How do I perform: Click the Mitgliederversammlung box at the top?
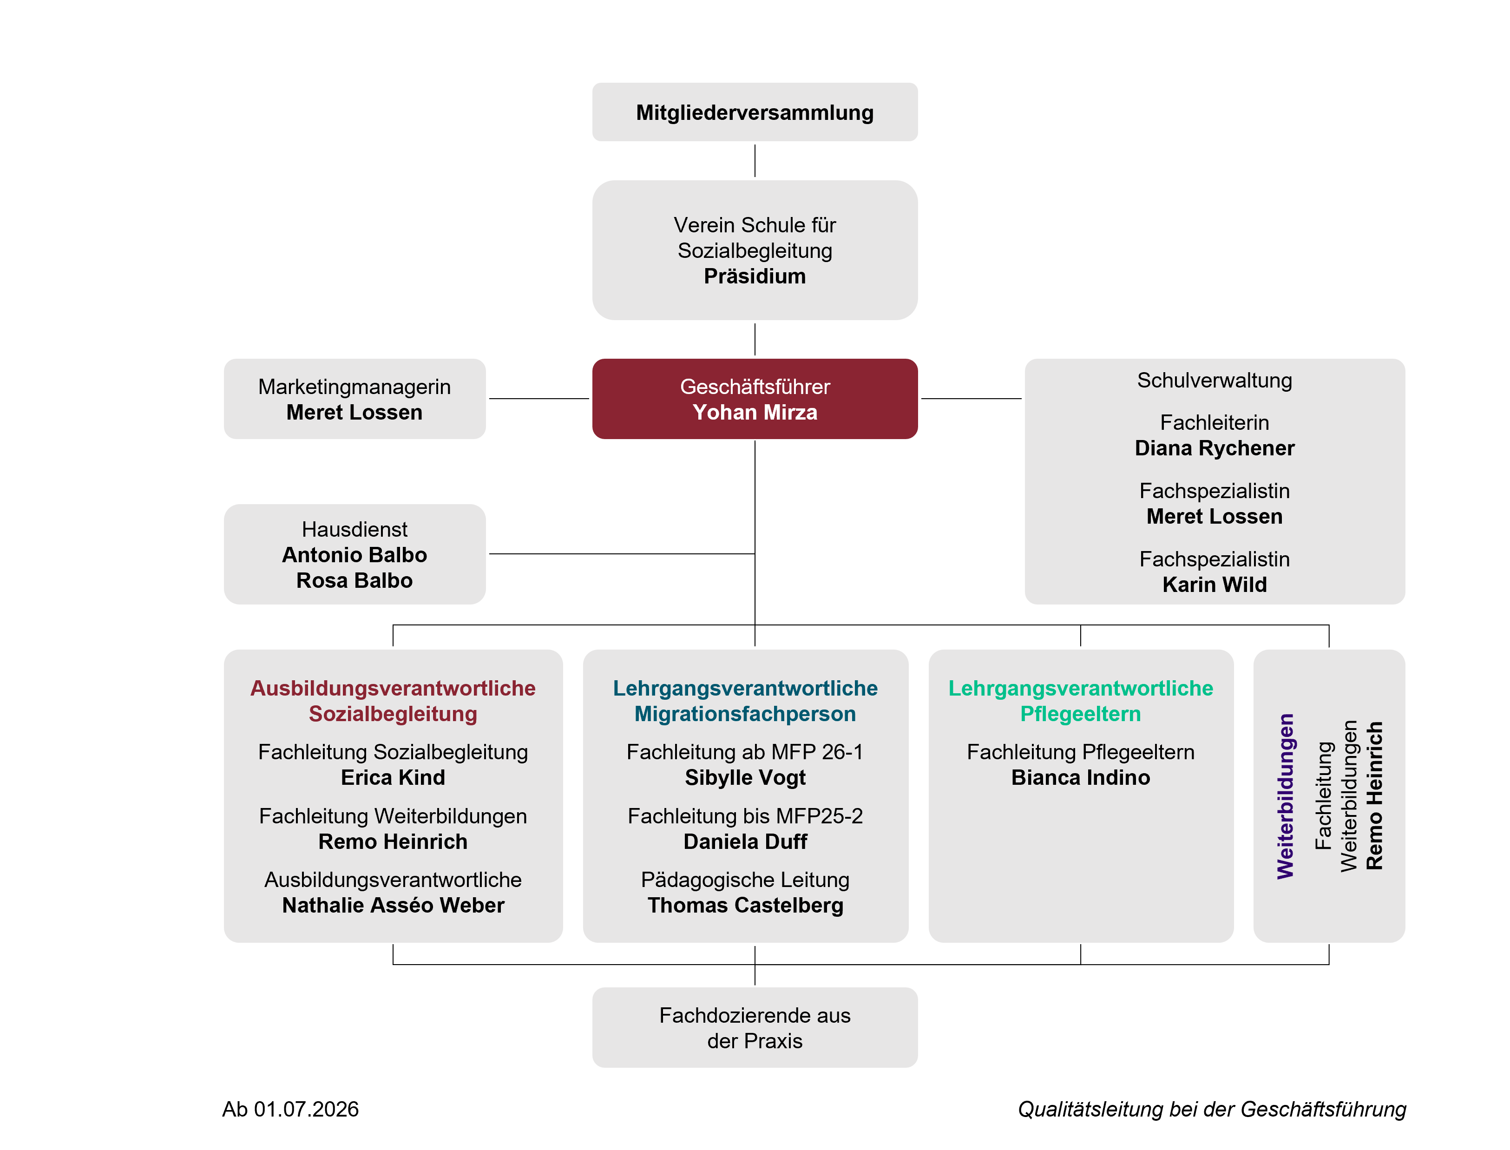755,112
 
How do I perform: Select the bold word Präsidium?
755,276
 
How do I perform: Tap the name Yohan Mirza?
755,412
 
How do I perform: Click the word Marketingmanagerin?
354,387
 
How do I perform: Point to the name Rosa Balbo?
354,580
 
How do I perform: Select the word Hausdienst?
354,529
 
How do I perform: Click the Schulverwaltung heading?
1215,381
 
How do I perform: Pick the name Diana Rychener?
1215,448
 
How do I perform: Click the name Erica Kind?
393,778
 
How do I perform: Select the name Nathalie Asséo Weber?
393,905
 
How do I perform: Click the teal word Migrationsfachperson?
745,714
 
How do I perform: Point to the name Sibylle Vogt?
745,778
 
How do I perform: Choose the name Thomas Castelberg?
745,905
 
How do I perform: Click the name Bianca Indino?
1080,778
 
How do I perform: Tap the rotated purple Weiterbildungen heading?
1286,796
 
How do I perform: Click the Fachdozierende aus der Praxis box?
755,1027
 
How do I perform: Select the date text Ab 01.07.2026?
290,1109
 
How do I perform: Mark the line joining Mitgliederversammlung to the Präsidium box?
755,161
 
